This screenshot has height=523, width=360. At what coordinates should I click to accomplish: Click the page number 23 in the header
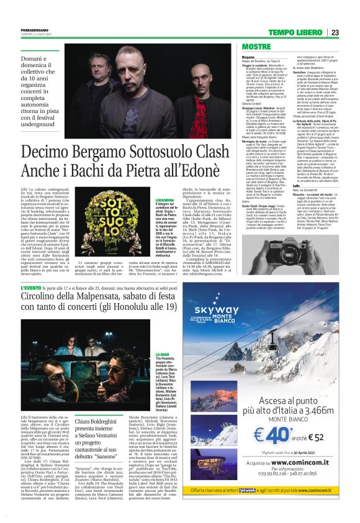coord(335,33)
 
